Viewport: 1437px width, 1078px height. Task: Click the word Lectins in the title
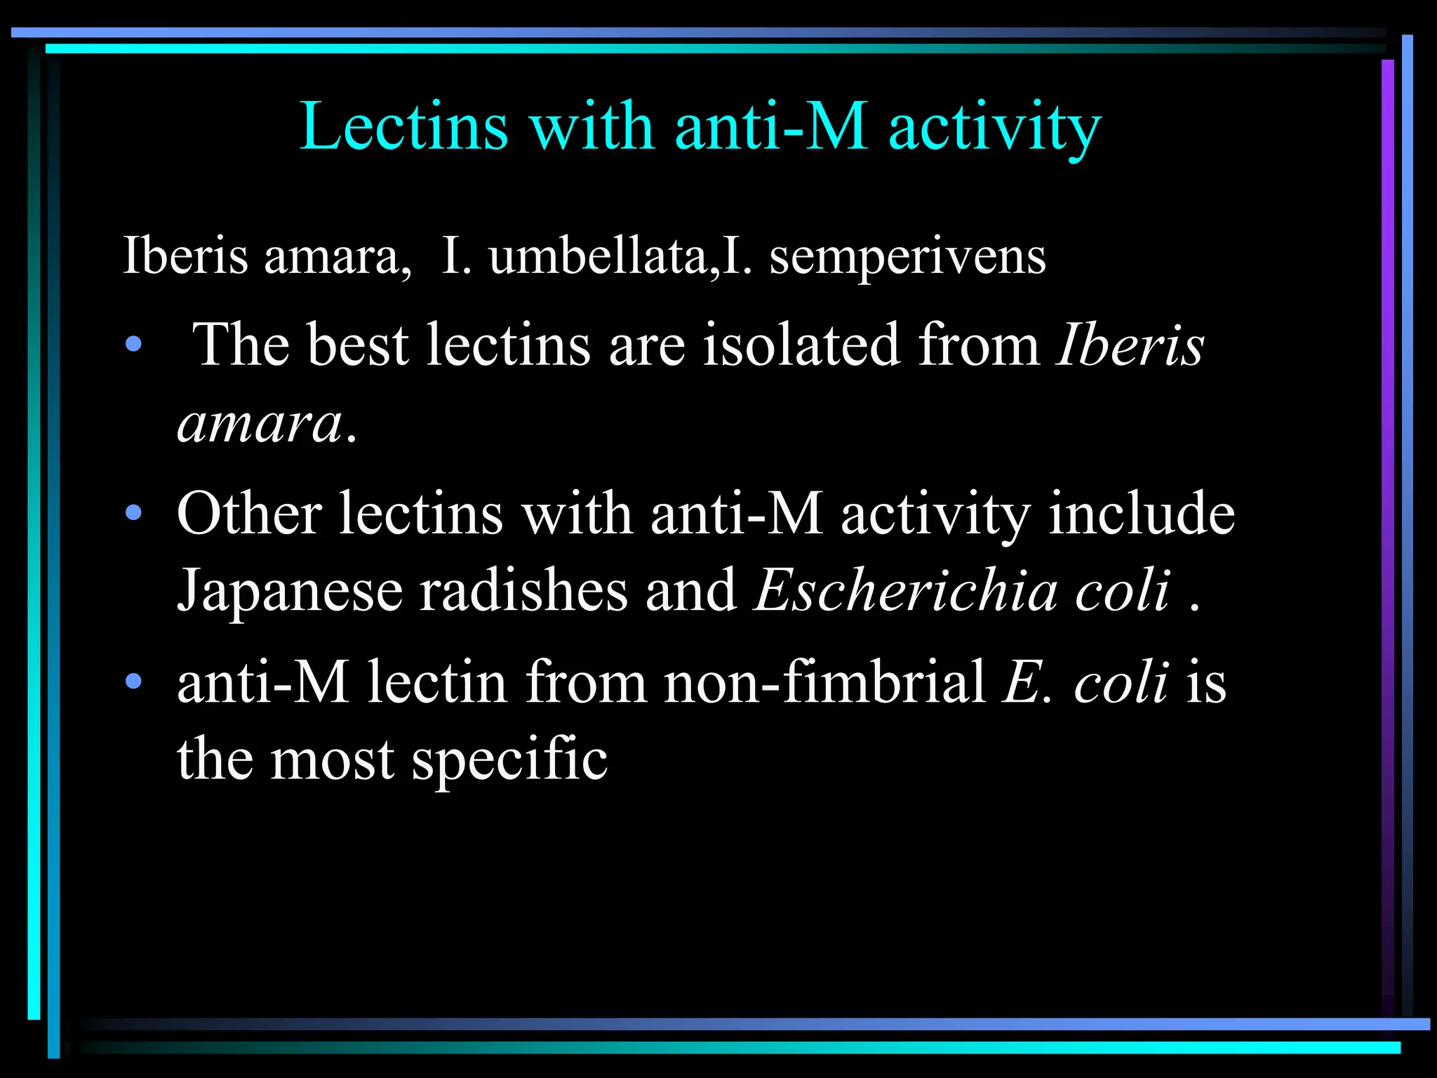click(403, 126)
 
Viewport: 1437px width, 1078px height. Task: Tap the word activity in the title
click(994, 128)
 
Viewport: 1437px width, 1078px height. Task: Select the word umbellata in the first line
click(599, 255)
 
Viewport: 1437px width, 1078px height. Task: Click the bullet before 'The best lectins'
click(133, 345)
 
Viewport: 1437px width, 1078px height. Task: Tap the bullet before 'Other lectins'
click(133, 513)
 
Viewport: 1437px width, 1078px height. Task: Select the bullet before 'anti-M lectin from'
click(133, 681)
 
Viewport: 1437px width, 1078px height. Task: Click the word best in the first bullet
click(358, 345)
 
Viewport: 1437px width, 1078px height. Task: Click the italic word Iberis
click(1130, 345)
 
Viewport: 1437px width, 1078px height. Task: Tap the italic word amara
click(260, 424)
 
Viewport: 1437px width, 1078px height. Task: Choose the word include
click(1142, 513)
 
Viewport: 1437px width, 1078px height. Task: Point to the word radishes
click(523, 590)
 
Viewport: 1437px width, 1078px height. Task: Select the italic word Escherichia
click(906, 590)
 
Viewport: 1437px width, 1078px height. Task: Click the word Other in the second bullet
click(249, 513)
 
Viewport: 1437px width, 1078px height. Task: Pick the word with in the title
click(592, 126)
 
